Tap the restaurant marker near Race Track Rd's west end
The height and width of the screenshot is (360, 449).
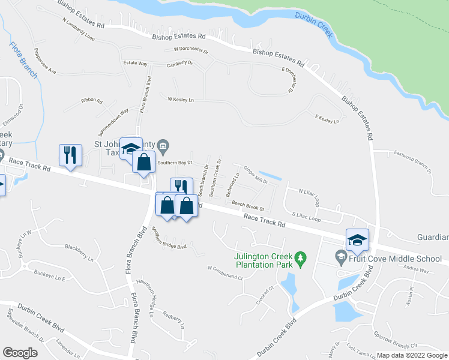coord(70,156)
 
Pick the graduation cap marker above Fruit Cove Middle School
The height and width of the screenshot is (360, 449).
coord(357,240)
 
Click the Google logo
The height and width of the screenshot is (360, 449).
coord(20,353)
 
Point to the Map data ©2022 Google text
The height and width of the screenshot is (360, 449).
coord(412,355)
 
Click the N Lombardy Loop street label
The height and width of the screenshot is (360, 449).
coord(78,28)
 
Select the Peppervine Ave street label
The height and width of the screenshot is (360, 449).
coord(45,61)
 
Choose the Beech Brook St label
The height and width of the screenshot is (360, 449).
coord(249,206)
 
